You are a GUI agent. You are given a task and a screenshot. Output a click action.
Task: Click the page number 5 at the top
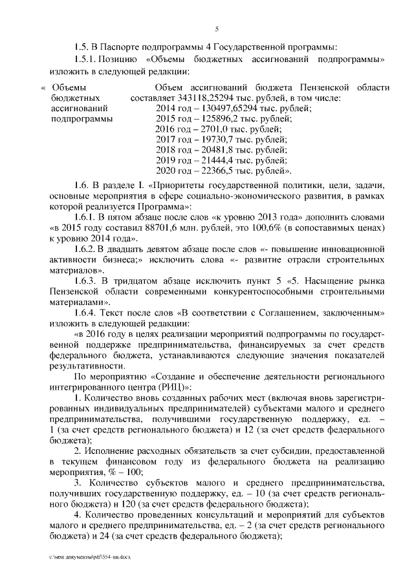(x=217, y=29)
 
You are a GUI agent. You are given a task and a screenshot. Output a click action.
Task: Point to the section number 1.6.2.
(x=86, y=250)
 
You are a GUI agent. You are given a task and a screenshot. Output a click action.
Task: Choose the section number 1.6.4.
(x=86, y=315)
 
